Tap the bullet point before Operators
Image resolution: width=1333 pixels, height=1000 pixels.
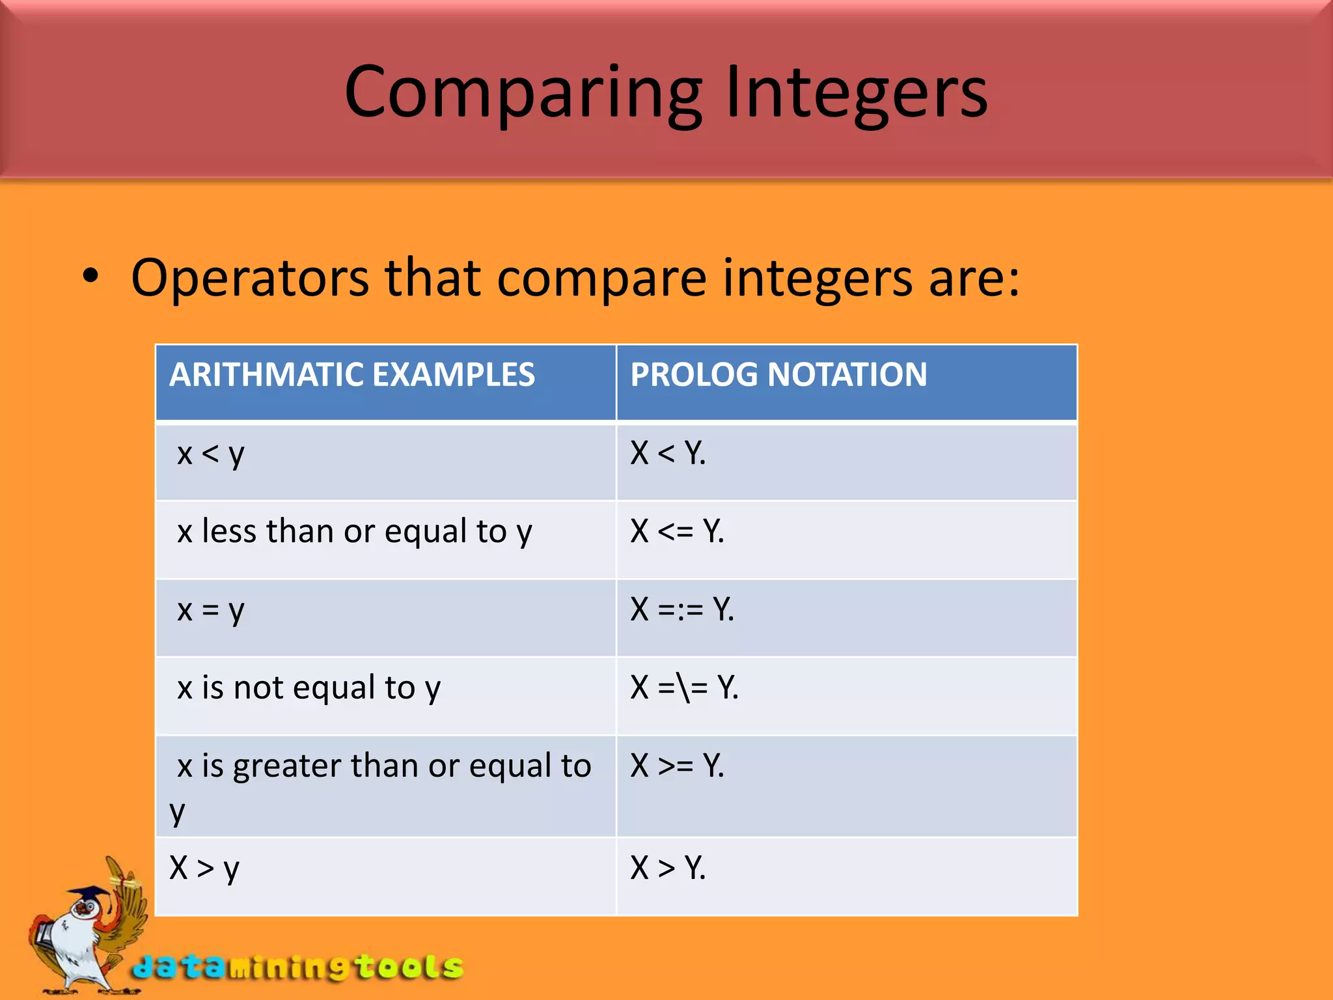click(x=91, y=277)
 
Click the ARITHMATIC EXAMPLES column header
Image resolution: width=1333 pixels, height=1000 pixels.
click(x=352, y=375)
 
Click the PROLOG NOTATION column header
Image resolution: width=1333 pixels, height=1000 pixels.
click(x=778, y=375)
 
